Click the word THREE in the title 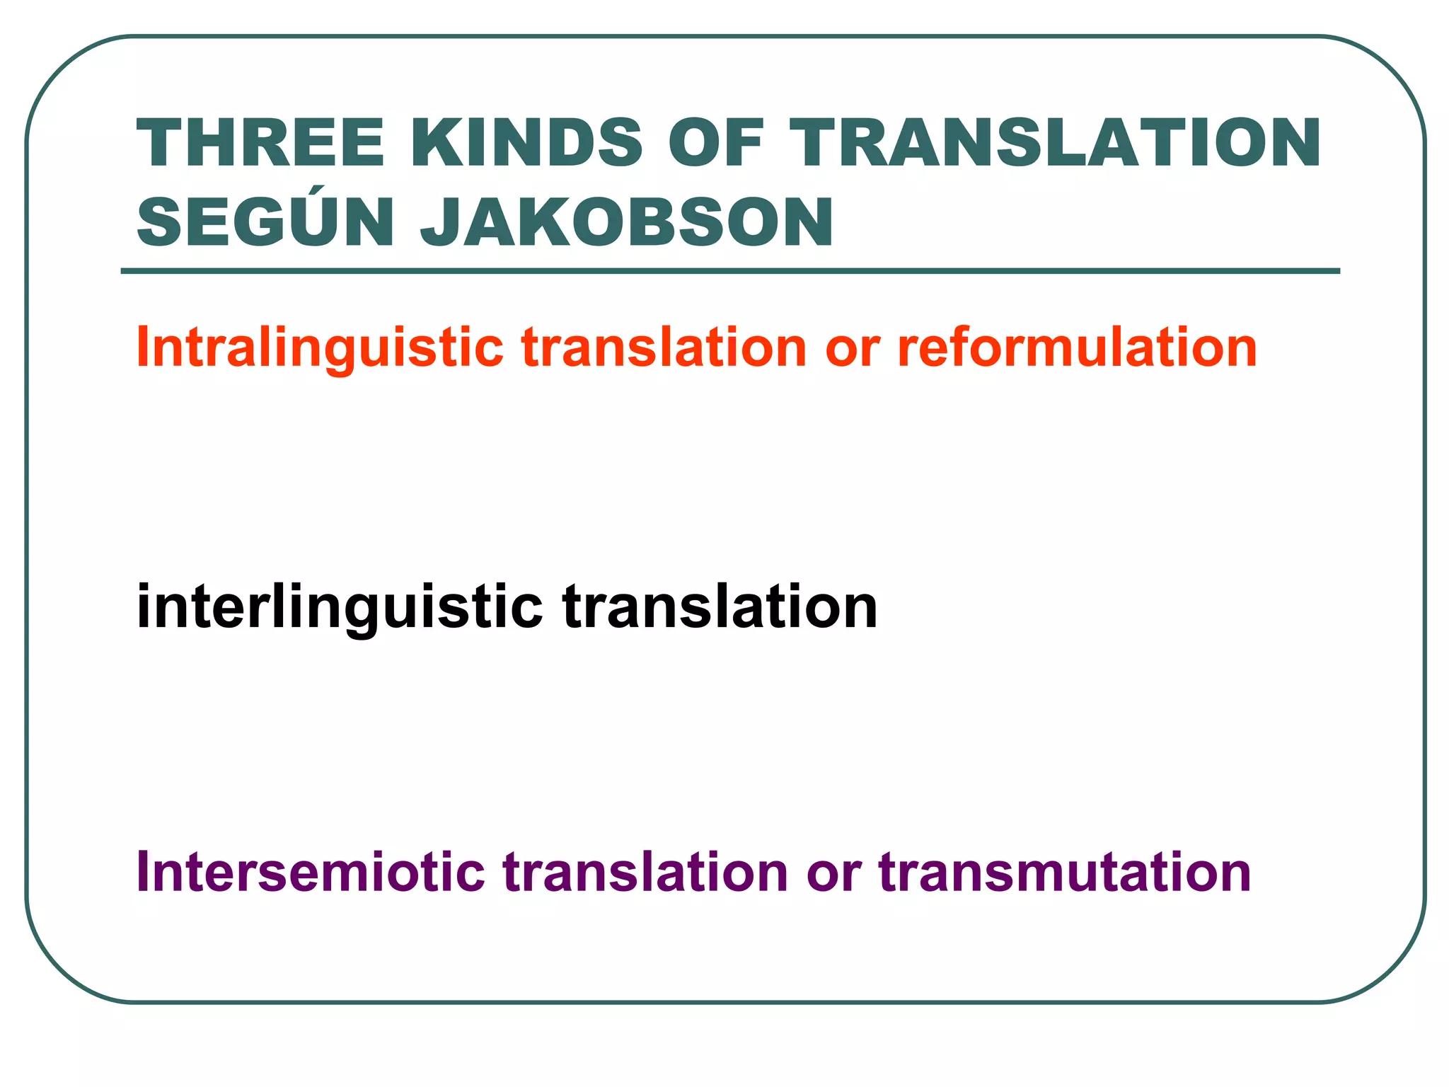pyautogui.click(x=260, y=144)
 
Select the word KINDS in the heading pyautogui.click(x=526, y=144)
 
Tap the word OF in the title pyautogui.click(x=716, y=144)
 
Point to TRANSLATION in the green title pyautogui.click(x=1054, y=144)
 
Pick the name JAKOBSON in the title pyautogui.click(x=628, y=223)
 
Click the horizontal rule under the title pyautogui.click(x=730, y=271)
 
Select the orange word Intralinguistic pyautogui.click(x=320, y=348)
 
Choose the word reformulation pyautogui.click(x=1077, y=348)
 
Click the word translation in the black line pyautogui.click(x=720, y=607)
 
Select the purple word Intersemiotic pyautogui.click(x=311, y=872)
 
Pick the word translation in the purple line pyautogui.click(x=646, y=872)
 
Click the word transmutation pyautogui.click(x=1065, y=872)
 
